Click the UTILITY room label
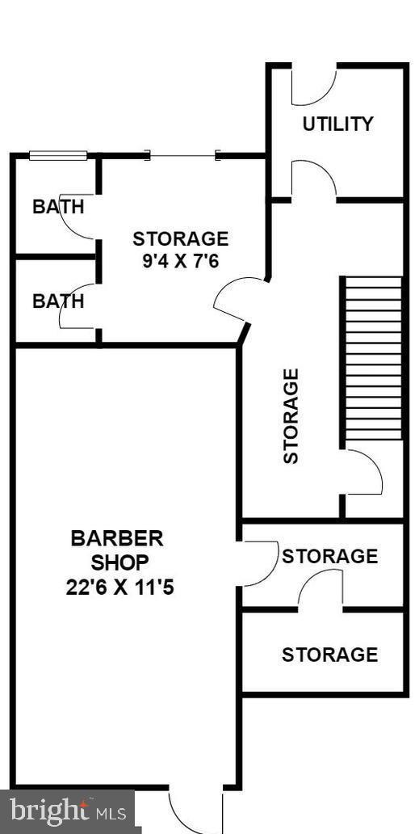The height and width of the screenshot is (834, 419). [x=337, y=124]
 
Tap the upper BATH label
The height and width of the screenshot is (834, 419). [x=58, y=206]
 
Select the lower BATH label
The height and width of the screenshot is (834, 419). [x=58, y=301]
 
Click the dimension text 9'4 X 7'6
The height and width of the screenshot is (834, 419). [x=181, y=262]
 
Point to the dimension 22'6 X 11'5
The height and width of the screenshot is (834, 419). [x=120, y=588]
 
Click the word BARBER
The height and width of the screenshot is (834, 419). [x=117, y=538]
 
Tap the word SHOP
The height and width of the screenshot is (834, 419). [x=120, y=562]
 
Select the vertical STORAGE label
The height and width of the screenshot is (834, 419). [x=291, y=416]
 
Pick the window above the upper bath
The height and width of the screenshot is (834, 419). [x=58, y=155]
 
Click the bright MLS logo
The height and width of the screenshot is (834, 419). [x=68, y=812]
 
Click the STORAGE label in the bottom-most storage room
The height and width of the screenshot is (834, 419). [x=329, y=655]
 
